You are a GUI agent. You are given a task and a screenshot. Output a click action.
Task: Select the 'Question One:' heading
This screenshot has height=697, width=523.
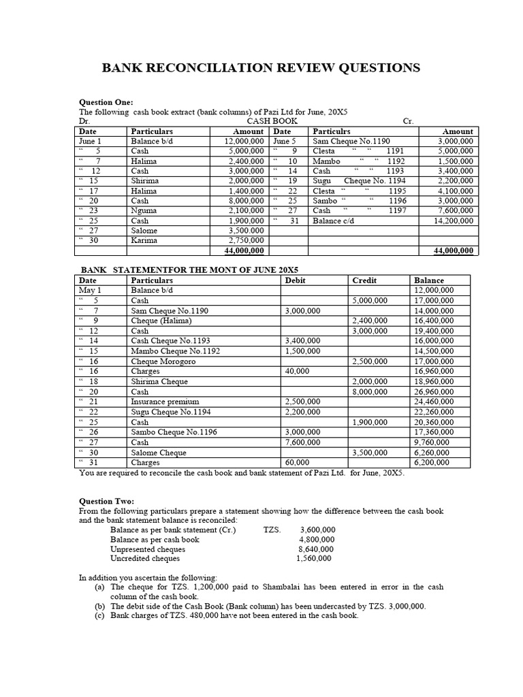pos(107,101)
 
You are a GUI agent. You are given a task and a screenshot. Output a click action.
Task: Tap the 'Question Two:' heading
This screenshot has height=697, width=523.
pos(107,501)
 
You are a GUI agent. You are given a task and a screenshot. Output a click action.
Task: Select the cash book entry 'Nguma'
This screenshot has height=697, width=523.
pos(144,210)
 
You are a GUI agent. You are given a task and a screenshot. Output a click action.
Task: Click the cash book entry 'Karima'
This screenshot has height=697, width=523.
pos(144,240)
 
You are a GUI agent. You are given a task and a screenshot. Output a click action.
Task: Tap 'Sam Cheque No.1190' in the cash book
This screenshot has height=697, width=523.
pos(351,141)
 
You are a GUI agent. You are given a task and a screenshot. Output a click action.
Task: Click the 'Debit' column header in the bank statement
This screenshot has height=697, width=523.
pos(296,280)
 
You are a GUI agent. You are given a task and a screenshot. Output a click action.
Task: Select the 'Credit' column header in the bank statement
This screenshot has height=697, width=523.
pos(364,280)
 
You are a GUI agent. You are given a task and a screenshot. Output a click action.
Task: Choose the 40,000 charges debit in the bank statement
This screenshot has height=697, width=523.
pos(298,371)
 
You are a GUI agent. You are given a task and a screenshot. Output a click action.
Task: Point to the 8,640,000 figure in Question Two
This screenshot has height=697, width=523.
pos(316,549)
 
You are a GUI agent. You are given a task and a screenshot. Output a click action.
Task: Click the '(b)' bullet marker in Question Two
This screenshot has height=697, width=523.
pos(100,606)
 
